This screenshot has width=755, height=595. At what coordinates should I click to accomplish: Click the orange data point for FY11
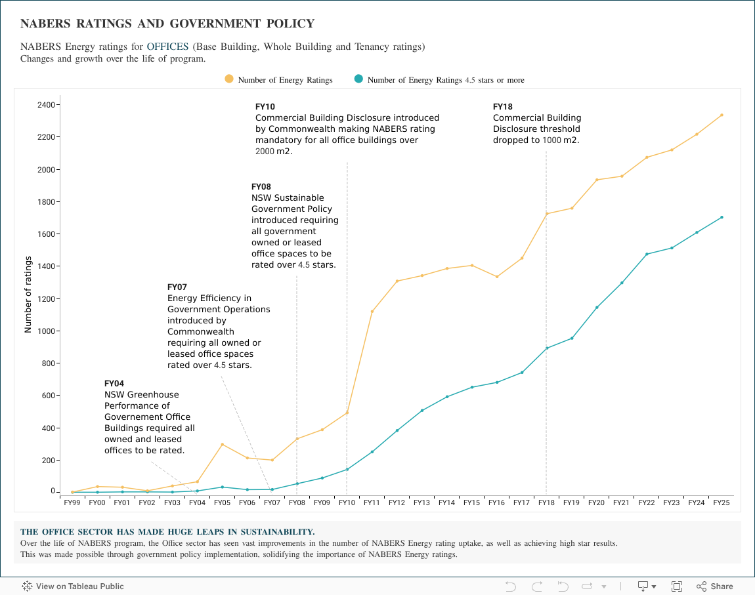coord(372,311)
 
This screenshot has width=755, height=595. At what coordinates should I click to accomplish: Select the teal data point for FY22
coord(647,254)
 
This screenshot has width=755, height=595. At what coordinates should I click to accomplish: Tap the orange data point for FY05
coord(222,444)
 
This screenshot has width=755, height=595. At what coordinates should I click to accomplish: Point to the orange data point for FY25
coord(722,115)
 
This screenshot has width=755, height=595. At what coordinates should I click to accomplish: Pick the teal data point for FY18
coord(546,348)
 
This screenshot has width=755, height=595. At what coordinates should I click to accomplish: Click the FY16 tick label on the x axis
coord(496,503)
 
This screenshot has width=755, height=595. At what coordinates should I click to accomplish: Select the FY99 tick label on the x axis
coord(72,503)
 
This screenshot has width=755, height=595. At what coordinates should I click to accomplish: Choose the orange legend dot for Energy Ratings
coord(229,79)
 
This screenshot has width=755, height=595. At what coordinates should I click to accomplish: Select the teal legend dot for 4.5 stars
coord(358,79)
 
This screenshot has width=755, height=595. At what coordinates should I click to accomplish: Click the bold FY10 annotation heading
coord(265,106)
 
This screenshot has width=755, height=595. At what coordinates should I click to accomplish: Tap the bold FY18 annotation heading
coord(503,106)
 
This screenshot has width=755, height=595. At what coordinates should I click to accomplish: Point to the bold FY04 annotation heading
coord(114,383)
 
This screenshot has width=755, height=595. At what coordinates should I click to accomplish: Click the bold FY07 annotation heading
coord(177,287)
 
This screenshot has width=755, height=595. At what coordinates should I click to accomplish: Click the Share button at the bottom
coord(715,586)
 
